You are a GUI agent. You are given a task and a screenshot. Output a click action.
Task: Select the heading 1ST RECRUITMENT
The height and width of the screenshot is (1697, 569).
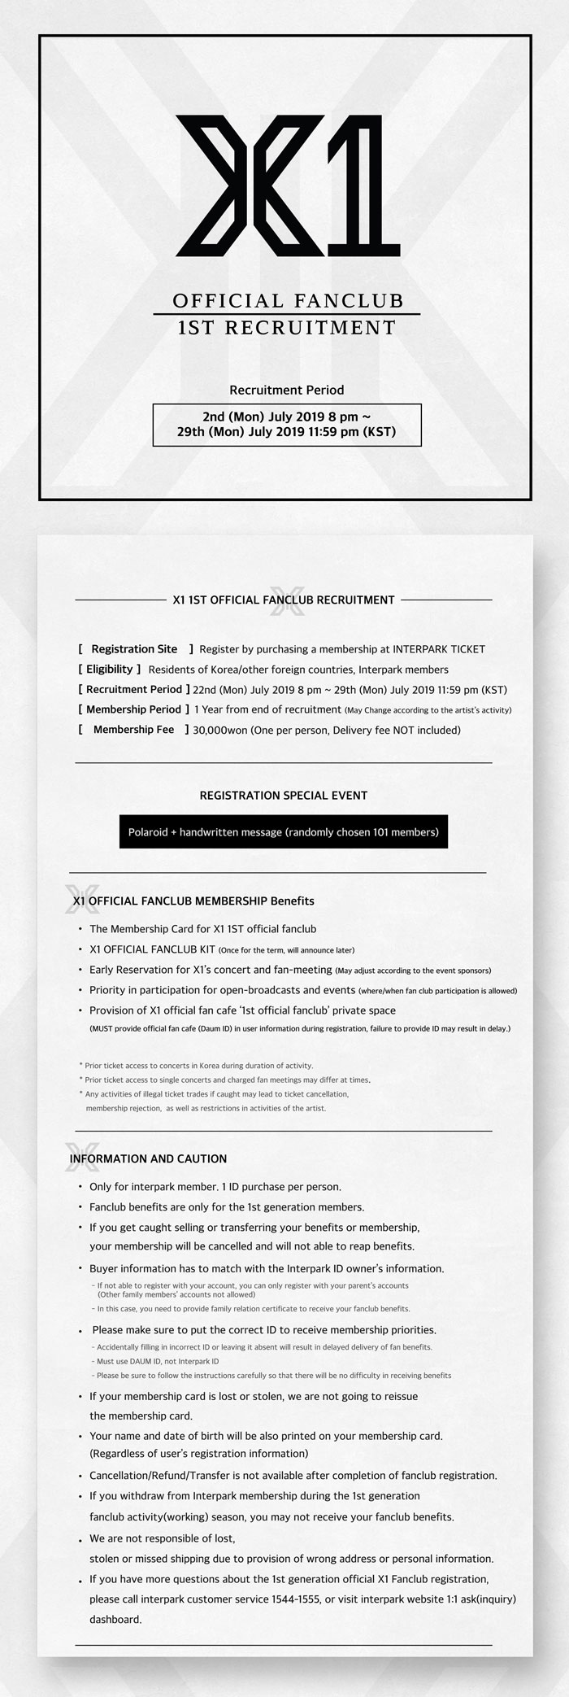click(x=287, y=328)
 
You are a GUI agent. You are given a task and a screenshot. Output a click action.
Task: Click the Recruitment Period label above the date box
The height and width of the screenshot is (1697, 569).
click(x=286, y=390)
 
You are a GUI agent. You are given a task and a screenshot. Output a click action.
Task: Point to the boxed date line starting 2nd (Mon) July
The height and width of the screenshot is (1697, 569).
click(x=286, y=417)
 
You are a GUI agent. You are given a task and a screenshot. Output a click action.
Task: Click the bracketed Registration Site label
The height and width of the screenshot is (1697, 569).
click(x=135, y=649)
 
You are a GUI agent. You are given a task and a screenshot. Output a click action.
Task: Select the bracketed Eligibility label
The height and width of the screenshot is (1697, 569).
click(x=110, y=670)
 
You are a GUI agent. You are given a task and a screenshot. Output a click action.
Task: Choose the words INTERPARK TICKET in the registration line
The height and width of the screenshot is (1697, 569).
click(x=438, y=649)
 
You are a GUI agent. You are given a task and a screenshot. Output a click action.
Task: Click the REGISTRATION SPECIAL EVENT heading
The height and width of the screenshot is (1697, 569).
click(x=283, y=795)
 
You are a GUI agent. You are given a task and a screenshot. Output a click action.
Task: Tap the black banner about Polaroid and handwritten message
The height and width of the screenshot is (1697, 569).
click(x=283, y=832)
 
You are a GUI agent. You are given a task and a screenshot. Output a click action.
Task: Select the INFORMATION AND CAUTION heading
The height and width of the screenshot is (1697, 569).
click(x=148, y=1158)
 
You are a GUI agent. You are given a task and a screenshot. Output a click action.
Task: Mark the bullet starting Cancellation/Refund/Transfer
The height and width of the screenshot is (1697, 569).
click(x=293, y=1475)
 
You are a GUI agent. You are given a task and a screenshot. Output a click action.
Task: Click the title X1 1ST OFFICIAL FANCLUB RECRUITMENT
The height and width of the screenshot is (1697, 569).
click(x=284, y=600)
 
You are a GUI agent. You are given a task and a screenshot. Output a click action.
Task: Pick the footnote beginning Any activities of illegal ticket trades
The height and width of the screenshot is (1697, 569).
click(x=216, y=1094)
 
